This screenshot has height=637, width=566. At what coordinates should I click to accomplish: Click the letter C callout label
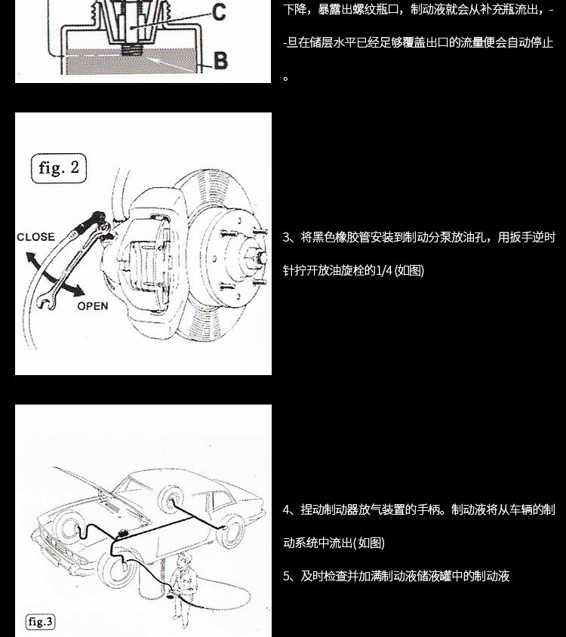click(218, 12)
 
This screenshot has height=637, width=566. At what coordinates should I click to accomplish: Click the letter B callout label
click(220, 60)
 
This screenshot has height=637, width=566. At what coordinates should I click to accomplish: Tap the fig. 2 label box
click(59, 168)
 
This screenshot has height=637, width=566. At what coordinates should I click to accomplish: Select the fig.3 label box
click(41, 622)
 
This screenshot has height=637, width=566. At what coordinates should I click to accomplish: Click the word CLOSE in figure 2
click(35, 237)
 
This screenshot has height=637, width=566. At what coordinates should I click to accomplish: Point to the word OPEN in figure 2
click(92, 306)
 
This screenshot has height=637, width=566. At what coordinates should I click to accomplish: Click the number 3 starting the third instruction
click(287, 238)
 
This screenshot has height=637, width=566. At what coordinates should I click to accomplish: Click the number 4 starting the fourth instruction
click(287, 510)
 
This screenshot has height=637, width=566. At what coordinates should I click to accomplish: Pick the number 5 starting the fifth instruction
click(287, 577)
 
